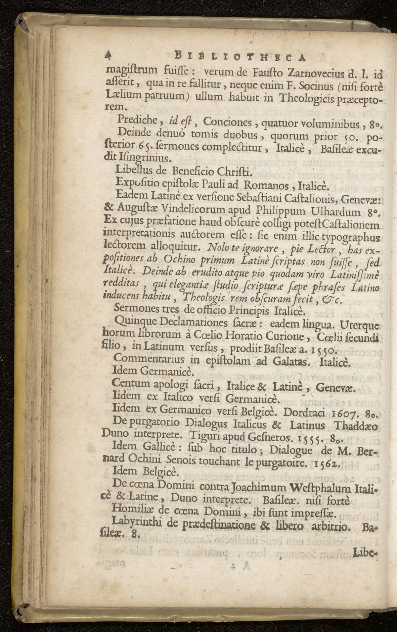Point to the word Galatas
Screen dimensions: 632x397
pyautogui.click(x=291, y=361)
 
